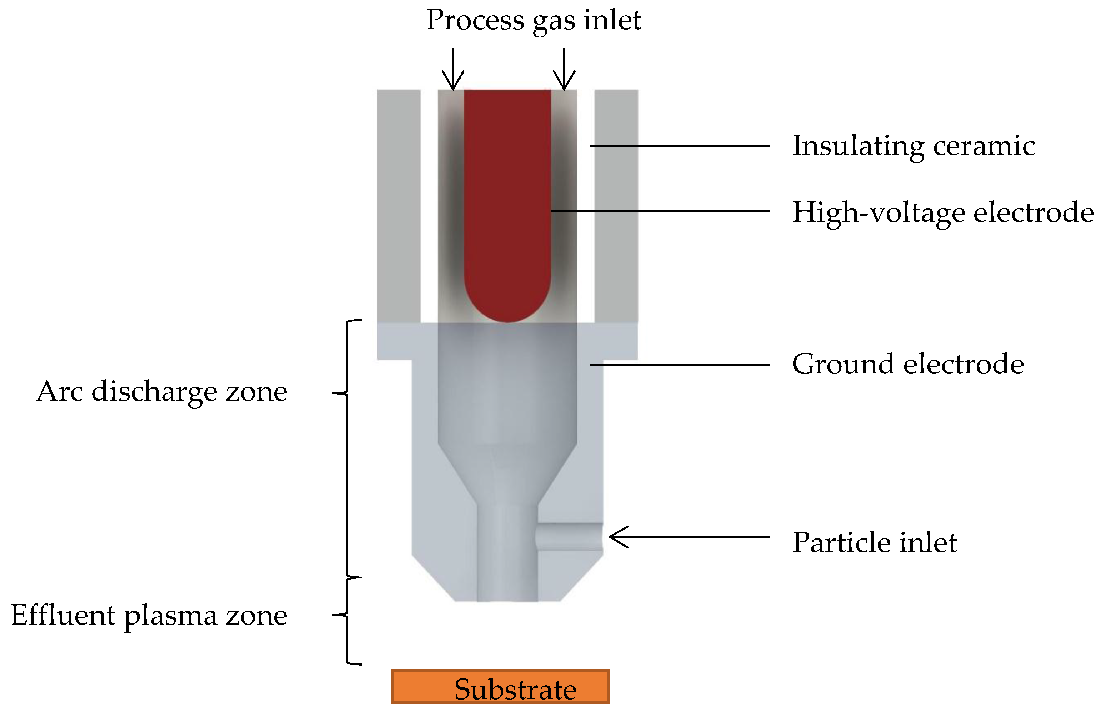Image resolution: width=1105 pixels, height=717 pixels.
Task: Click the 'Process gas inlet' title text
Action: [x=534, y=21]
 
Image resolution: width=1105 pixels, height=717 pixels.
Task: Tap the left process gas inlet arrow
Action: [x=453, y=70]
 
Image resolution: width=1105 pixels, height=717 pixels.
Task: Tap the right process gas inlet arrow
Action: [x=564, y=70]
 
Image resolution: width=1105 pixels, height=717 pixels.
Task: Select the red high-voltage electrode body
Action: [x=507, y=186]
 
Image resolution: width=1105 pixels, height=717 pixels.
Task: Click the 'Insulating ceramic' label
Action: [x=913, y=146]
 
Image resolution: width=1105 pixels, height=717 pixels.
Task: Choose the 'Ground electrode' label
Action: [x=908, y=364]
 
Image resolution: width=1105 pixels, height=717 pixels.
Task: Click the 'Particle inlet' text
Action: [x=874, y=542]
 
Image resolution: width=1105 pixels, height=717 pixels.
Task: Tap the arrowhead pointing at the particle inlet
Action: [x=617, y=537]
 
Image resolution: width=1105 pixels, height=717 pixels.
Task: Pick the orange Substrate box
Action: [x=500, y=686]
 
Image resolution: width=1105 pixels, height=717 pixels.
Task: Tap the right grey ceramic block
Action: [x=616, y=204]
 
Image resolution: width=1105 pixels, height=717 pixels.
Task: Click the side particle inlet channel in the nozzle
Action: [x=570, y=537]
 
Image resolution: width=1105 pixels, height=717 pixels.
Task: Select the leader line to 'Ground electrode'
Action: [x=680, y=365]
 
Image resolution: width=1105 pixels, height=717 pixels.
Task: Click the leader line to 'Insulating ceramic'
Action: [x=680, y=146]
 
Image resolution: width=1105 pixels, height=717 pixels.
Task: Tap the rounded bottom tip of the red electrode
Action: [x=507, y=311]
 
